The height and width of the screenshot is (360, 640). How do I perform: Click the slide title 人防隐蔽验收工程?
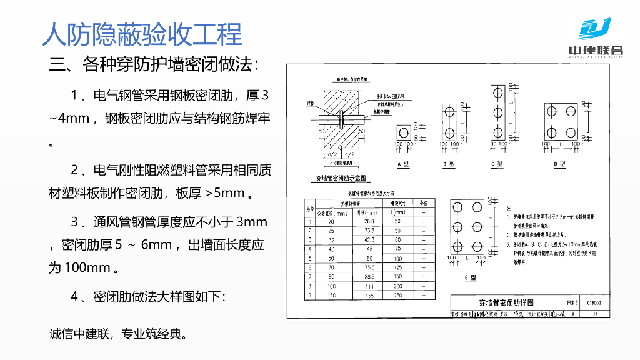(142, 34)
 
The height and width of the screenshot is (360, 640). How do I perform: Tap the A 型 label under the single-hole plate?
(403, 164)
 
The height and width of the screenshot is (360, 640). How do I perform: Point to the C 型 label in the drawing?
(497, 164)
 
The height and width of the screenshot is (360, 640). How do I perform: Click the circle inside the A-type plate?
(404, 132)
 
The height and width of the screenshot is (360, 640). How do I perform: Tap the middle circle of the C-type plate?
(497, 112)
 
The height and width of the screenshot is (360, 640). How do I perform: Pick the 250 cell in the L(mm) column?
(398, 296)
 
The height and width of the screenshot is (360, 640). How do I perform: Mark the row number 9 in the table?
(309, 296)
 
